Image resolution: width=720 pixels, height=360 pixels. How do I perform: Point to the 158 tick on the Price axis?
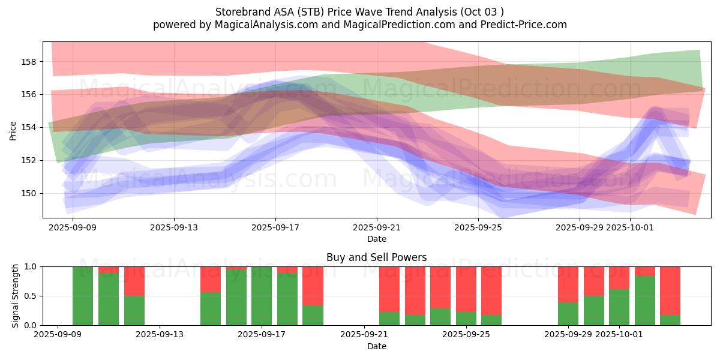pos(29,62)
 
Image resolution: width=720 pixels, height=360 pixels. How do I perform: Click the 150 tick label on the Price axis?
pos(29,193)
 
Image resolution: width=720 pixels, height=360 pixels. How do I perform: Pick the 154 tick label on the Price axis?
pos(29,127)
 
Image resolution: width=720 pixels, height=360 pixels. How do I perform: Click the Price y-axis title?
pos(13,130)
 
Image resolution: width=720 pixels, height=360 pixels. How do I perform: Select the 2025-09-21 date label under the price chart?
pos(377,227)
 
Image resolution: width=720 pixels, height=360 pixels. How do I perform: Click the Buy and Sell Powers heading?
pos(377,257)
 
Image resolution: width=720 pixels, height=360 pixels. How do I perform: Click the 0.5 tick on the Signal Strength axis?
pos(31,296)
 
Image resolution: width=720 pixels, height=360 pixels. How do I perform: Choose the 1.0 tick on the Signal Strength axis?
pos(31,266)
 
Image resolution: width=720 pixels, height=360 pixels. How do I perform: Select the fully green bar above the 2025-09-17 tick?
pos(262,296)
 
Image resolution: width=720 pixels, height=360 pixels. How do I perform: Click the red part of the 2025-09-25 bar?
pos(466,288)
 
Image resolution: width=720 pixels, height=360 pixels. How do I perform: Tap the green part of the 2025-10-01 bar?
pos(619,307)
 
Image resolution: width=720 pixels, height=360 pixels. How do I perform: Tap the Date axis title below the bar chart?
pos(377,346)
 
